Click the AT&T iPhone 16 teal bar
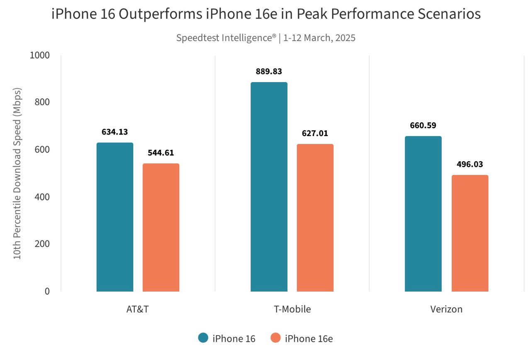click(x=115, y=217)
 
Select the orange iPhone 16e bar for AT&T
click(x=161, y=227)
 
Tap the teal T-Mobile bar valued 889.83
click(x=269, y=187)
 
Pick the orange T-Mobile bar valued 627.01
click(x=315, y=218)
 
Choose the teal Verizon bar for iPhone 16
click(x=423, y=214)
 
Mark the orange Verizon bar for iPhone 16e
click(x=470, y=233)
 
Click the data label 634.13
click(x=115, y=132)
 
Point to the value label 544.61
click(x=161, y=153)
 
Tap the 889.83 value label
click(x=269, y=71)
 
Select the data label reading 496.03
click(x=470, y=164)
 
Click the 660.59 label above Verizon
click(x=423, y=125)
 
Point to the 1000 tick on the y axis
click(x=40, y=55)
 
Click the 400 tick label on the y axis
click(x=42, y=197)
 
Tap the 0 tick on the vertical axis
click(x=47, y=291)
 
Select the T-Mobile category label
click(x=292, y=309)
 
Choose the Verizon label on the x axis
click(x=446, y=309)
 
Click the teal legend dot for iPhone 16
click(x=203, y=338)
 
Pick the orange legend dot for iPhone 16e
click(x=275, y=338)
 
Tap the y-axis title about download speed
click(x=17, y=173)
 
